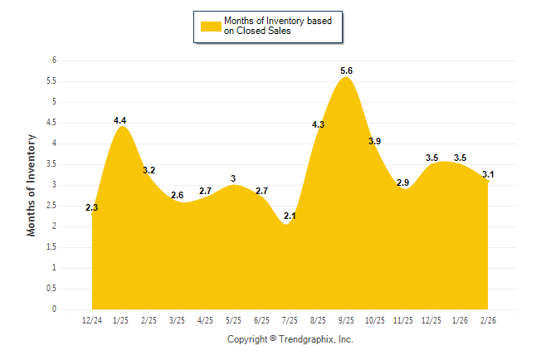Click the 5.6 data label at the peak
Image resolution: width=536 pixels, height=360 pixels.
[x=347, y=71]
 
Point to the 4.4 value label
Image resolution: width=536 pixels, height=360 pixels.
[x=120, y=121]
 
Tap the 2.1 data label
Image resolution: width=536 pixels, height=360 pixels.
[x=290, y=216]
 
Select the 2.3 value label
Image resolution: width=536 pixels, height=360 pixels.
[x=92, y=207]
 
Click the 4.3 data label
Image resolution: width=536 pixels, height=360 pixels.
[x=318, y=124]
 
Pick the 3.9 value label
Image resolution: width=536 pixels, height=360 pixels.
[x=374, y=142]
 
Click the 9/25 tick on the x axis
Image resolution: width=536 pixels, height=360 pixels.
[x=347, y=320]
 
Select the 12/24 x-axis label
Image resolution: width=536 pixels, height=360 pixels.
[x=92, y=320]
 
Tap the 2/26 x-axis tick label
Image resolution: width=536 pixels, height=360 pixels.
[x=488, y=320]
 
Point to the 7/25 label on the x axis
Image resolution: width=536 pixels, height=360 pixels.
[x=290, y=320]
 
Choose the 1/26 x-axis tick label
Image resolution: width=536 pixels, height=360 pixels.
[x=460, y=320]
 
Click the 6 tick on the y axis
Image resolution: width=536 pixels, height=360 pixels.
[x=54, y=61]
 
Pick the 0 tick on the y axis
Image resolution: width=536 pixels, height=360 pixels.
[x=54, y=309]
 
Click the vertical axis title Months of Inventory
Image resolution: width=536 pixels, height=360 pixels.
[x=32, y=185]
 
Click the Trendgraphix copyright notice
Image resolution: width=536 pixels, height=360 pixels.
[x=290, y=339]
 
